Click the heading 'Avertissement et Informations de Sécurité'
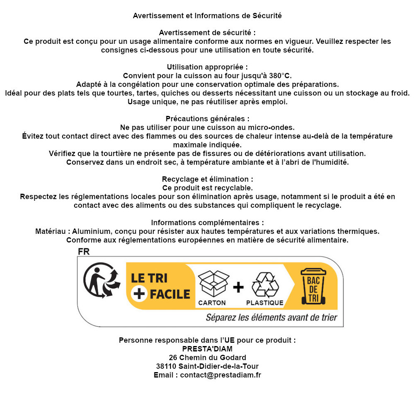(x=207, y=16)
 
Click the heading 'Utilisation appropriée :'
(x=207, y=67)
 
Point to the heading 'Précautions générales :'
(x=207, y=119)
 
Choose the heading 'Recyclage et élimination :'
(x=207, y=179)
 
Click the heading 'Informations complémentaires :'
(x=207, y=223)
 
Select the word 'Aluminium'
(x=92, y=231)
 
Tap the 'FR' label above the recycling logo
(x=83, y=251)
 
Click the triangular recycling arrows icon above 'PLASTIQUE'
(x=265, y=284)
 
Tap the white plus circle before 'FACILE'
(x=139, y=294)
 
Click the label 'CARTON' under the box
(x=212, y=303)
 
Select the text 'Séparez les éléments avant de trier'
(x=271, y=318)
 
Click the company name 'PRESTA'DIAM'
(x=207, y=349)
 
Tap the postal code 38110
(x=166, y=366)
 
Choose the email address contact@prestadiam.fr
(x=220, y=375)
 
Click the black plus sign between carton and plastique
(x=238, y=287)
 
